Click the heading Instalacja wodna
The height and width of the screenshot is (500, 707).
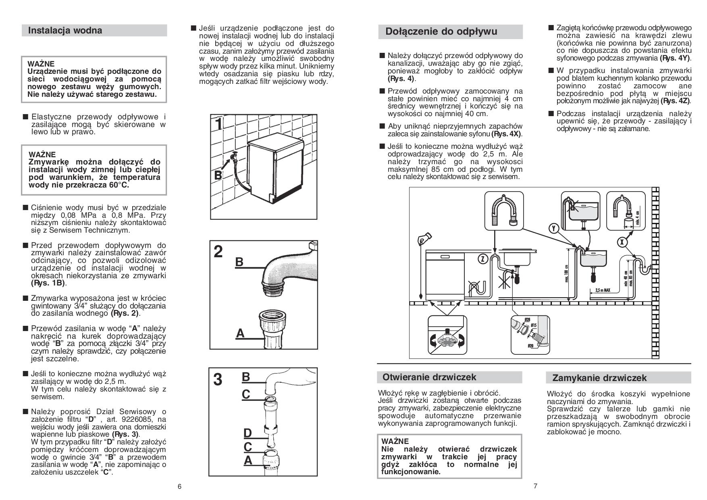65,31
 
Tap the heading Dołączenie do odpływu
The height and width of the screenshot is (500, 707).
441,31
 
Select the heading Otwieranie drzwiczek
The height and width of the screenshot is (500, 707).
429,377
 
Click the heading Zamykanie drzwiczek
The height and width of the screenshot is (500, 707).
599,378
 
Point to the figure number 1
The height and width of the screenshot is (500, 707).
218,123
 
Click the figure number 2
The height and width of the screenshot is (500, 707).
218,252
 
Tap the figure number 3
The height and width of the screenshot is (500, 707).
217,379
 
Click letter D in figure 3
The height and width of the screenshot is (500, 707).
247,433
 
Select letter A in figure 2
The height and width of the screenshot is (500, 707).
240,333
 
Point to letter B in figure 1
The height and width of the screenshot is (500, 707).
218,175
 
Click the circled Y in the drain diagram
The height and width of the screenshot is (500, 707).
554,229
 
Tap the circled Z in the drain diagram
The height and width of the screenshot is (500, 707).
482,258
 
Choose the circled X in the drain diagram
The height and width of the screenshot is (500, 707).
622,242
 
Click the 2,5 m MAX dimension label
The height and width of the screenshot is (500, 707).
603,290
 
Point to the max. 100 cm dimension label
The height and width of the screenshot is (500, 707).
567,274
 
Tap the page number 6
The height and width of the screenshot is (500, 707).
179,486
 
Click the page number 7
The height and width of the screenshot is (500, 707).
535,486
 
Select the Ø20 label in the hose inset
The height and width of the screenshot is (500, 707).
530,346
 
